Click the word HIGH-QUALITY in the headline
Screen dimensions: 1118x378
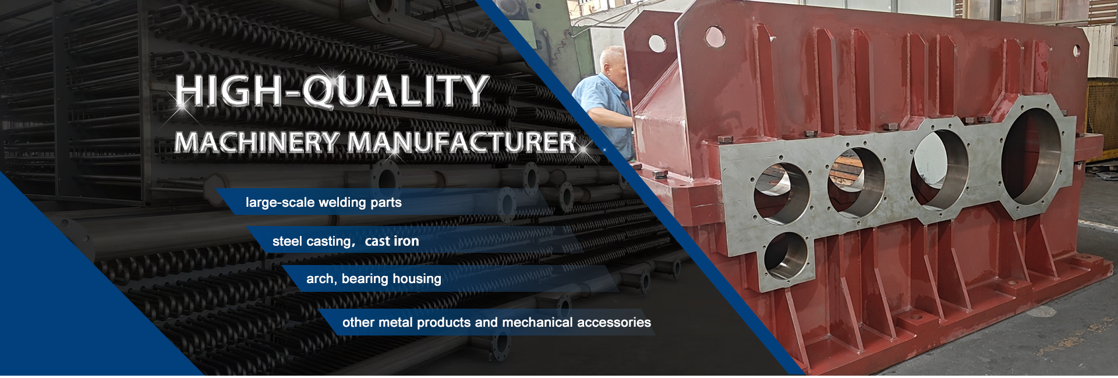pyautogui.click(x=332, y=91)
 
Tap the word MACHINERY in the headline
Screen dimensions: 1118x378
pyautogui.click(x=257, y=143)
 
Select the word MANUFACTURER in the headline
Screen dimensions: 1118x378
pyautogui.click(x=462, y=143)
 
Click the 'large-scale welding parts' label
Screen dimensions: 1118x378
pyautogui.click(x=324, y=203)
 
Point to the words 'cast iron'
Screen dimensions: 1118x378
pyautogui.click(x=392, y=241)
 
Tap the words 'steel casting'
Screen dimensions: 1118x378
pyautogui.click(x=312, y=242)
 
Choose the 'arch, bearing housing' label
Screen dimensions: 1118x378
pyautogui.click(x=374, y=279)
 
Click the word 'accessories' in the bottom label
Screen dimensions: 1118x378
pyautogui.click(x=614, y=322)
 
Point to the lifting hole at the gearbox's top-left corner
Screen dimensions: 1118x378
pyautogui.click(x=657, y=43)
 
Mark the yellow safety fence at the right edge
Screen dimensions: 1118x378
pyautogui.click(x=1102, y=119)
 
